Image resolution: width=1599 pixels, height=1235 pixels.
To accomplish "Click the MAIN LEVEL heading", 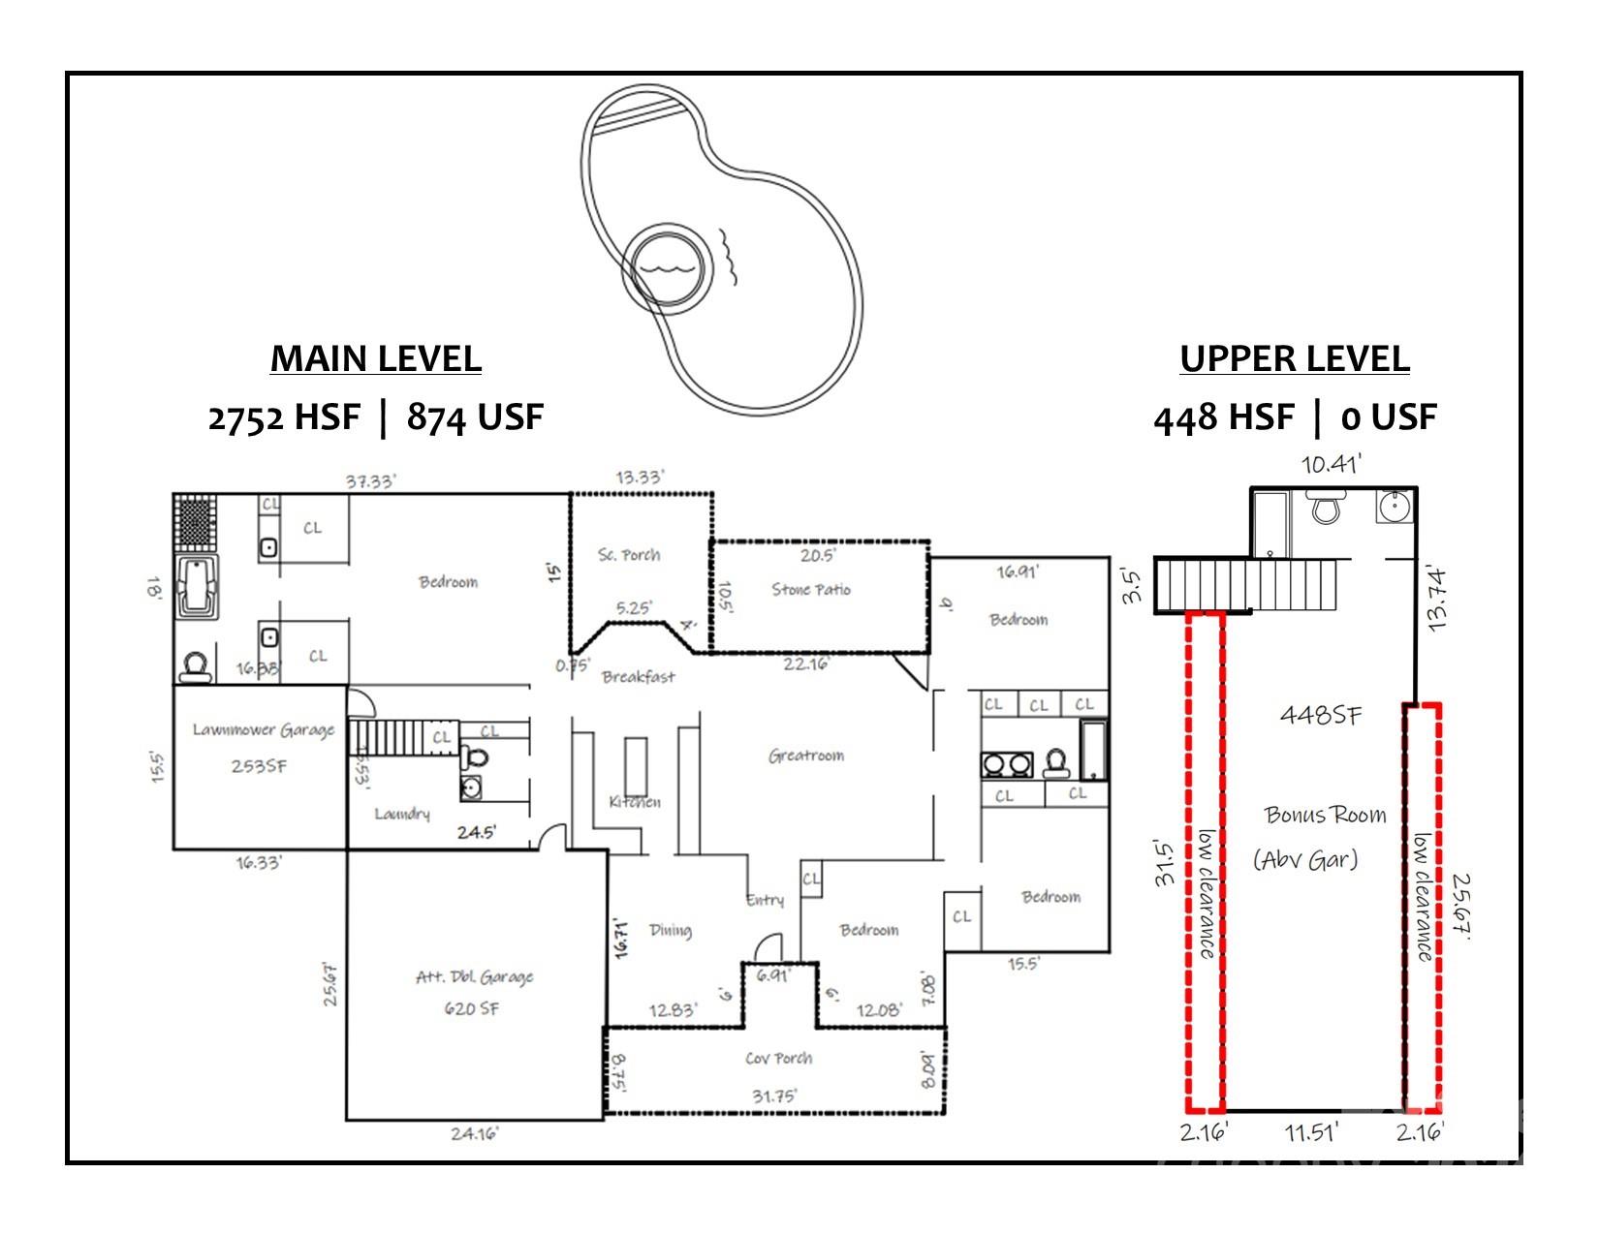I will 375,358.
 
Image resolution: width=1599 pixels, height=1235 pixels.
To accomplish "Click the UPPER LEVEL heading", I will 1294,358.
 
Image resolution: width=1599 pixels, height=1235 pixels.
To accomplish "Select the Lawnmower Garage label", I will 263,729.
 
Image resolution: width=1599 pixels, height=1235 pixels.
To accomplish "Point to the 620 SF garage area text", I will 472,1008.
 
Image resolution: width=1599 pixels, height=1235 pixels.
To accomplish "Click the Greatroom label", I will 806,756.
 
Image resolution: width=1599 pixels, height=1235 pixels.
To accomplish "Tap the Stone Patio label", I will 811,589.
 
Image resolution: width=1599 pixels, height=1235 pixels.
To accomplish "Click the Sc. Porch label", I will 629,555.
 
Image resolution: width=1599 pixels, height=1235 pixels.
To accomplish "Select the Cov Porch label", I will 778,1058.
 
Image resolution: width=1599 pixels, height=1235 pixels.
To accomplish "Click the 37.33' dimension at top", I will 371,481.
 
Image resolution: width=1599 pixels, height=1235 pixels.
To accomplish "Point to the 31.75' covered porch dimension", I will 774,1096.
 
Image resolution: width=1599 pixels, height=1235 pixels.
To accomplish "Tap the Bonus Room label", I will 1325,815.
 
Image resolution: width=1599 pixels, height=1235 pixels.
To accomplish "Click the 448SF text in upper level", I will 1320,715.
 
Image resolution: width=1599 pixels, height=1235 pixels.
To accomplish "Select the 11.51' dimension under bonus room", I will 1312,1131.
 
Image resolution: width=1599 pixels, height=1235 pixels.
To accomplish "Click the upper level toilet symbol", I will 1323,506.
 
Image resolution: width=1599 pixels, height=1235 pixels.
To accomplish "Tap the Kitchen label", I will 635,802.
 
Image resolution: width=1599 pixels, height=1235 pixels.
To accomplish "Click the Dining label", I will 670,930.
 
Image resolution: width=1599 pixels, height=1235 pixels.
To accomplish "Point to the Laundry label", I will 402,814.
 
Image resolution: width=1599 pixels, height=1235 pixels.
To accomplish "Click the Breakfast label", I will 638,677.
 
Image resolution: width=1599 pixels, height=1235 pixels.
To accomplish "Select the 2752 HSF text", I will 283,417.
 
